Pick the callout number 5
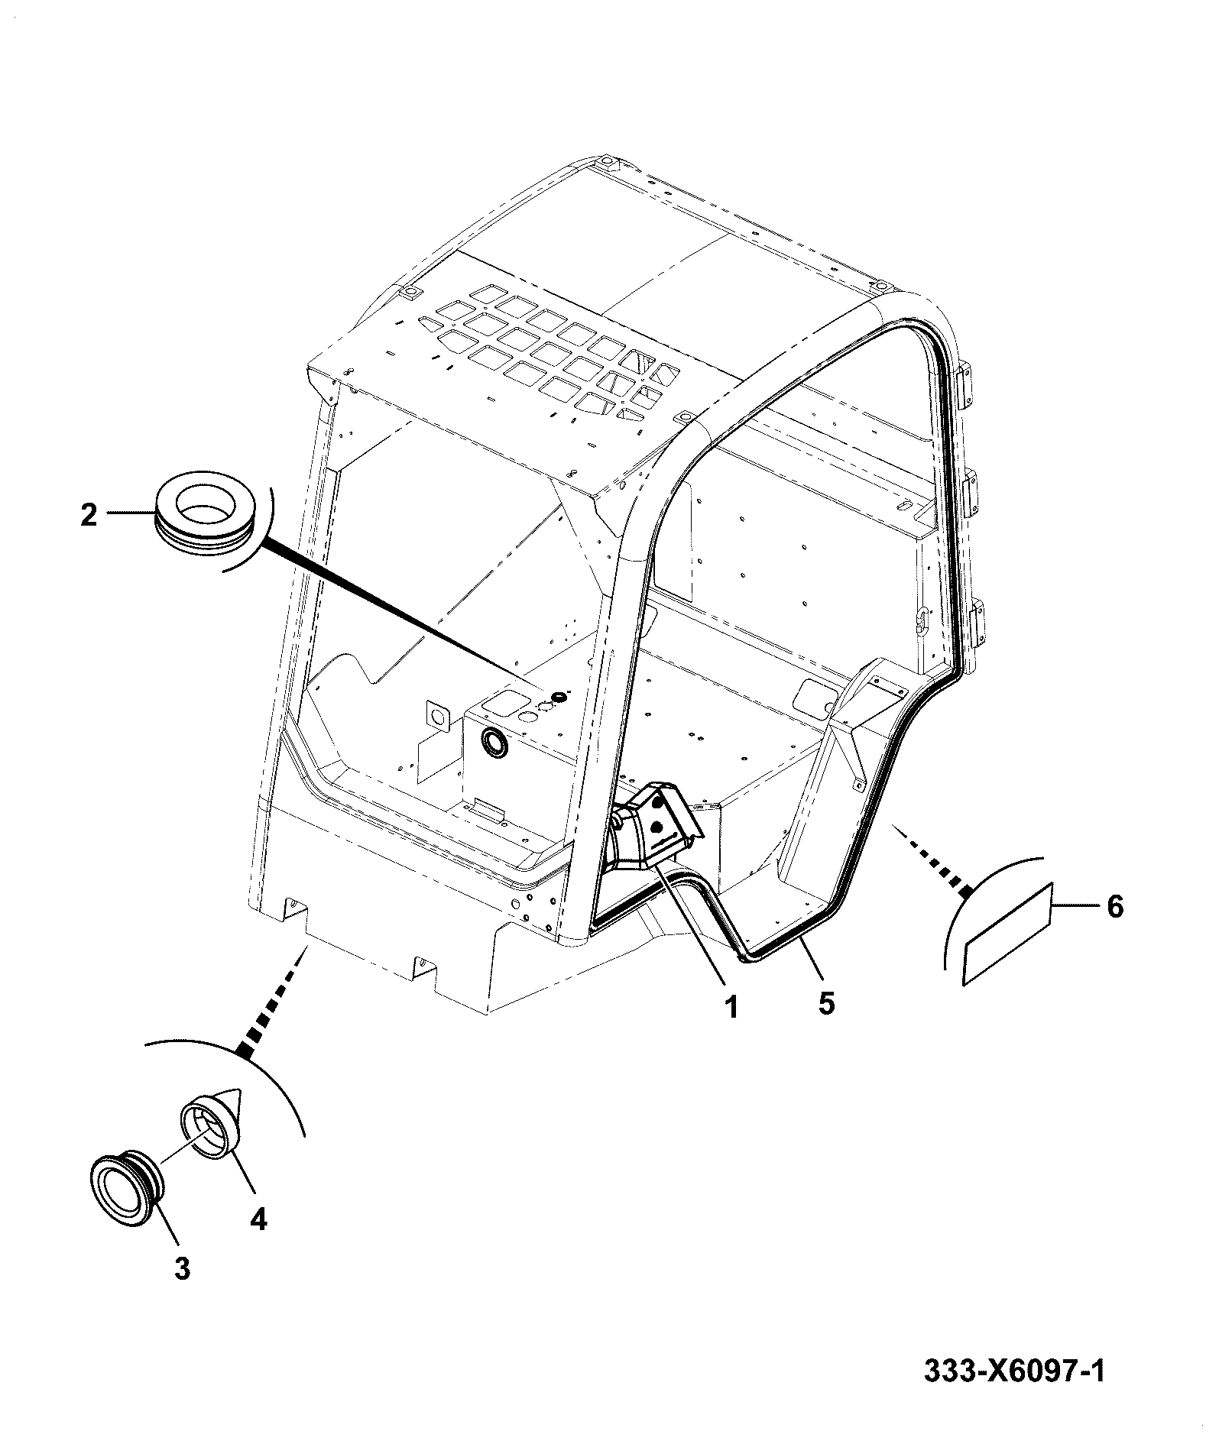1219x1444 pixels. (826, 1003)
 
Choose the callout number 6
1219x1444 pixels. (1115, 907)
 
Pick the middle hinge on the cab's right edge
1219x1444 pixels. (970, 495)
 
